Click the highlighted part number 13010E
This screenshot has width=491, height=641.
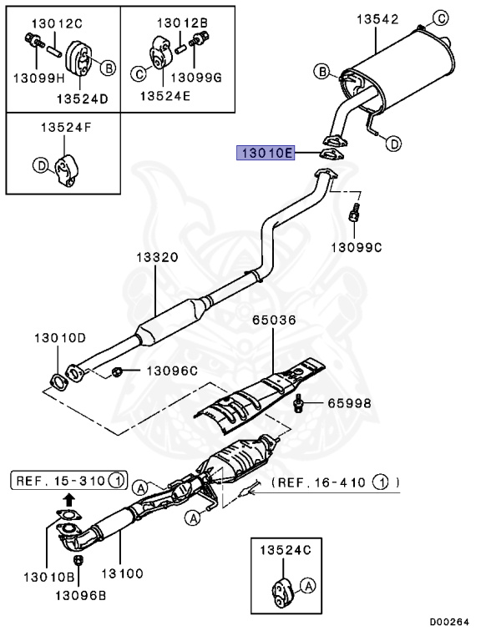click(x=265, y=154)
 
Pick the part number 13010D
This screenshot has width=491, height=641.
click(x=59, y=338)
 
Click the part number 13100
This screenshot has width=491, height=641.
click(x=121, y=573)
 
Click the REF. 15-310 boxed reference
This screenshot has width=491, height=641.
click(x=69, y=480)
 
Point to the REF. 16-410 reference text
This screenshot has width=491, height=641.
click(x=334, y=482)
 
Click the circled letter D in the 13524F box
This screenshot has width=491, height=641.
click(x=38, y=166)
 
